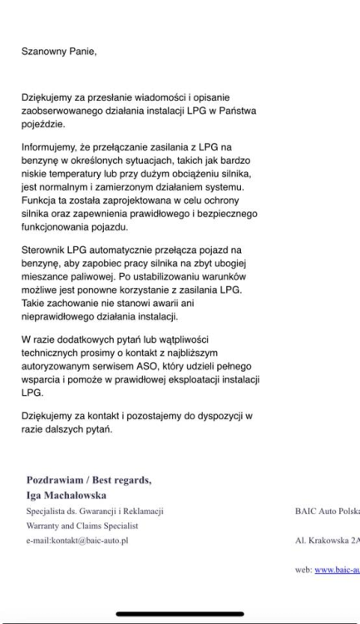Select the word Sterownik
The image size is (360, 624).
click(x=46, y=250)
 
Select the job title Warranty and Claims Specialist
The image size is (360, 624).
click(x=82, y=526)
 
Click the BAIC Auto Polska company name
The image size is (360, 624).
click(x=327, y=511)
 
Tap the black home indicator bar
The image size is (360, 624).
click(x=180, y=615)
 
